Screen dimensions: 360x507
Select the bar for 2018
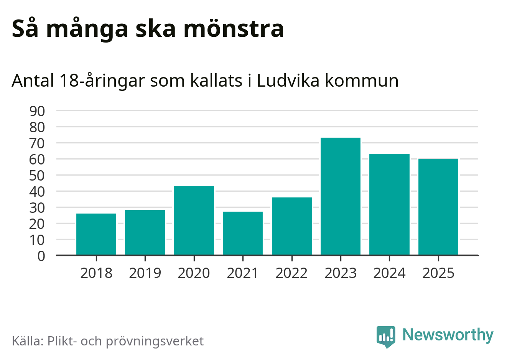(96, 234)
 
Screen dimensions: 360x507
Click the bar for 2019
(145, 232)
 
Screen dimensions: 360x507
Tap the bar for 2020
(194, 220)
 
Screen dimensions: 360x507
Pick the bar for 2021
(243, 233)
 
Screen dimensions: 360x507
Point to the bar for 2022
(291, 226)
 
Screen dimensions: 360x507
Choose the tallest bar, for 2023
(341, 196)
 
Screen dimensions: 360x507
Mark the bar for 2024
(389, 204)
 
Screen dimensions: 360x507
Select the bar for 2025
(438, 207)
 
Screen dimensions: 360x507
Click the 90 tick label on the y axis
(37, 111)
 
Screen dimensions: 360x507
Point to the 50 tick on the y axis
(37, 176)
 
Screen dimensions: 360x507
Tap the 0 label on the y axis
(41, 256)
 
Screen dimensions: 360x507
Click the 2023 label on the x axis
(341, 273)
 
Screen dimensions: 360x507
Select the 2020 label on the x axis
(194, 273)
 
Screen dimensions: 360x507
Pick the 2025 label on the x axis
(438, 273)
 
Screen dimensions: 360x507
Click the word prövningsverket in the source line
(155, 341)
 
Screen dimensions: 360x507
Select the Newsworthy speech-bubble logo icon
(386, 336)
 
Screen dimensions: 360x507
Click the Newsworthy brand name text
(448, 335)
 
